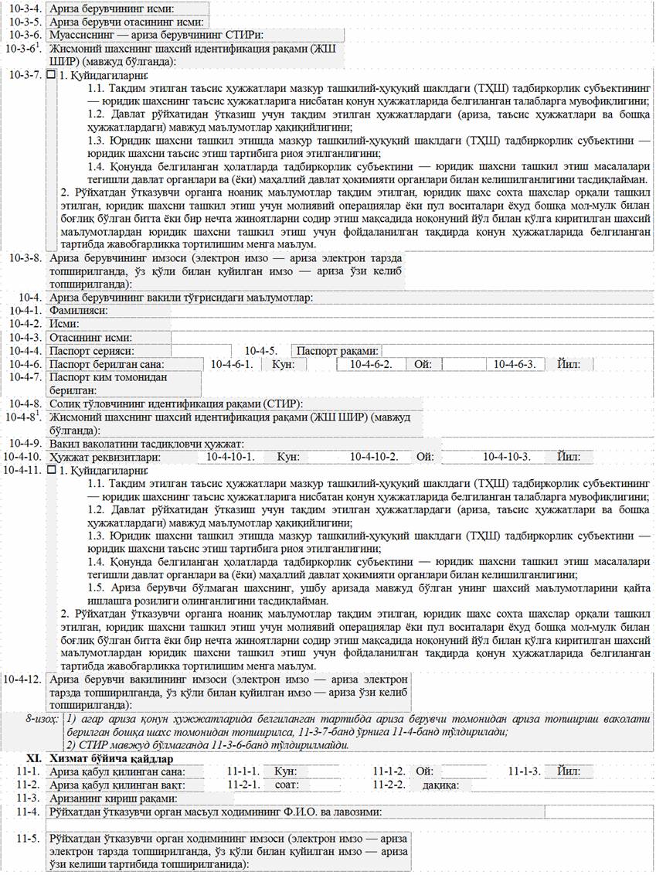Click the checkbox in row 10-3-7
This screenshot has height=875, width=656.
(x=52, y=76)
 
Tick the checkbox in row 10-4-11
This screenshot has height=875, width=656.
(x=52, y=470)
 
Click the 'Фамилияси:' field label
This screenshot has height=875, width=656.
(x=78, y=311)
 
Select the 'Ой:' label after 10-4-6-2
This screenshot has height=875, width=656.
(x=424, y=364)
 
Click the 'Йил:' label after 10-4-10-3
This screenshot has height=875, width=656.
(x=568, y=457)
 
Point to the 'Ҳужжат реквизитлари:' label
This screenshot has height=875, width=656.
(x=104, y=457)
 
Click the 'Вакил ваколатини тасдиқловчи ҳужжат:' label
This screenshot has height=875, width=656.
(x=147, y=443)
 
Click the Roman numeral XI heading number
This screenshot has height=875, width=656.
(x=32, y=758)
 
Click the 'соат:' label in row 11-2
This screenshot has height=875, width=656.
(x=287, y=785)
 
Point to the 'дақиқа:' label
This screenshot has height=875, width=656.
(x=441, y=785)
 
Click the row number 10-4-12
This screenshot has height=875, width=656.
(x=22, y=679)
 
